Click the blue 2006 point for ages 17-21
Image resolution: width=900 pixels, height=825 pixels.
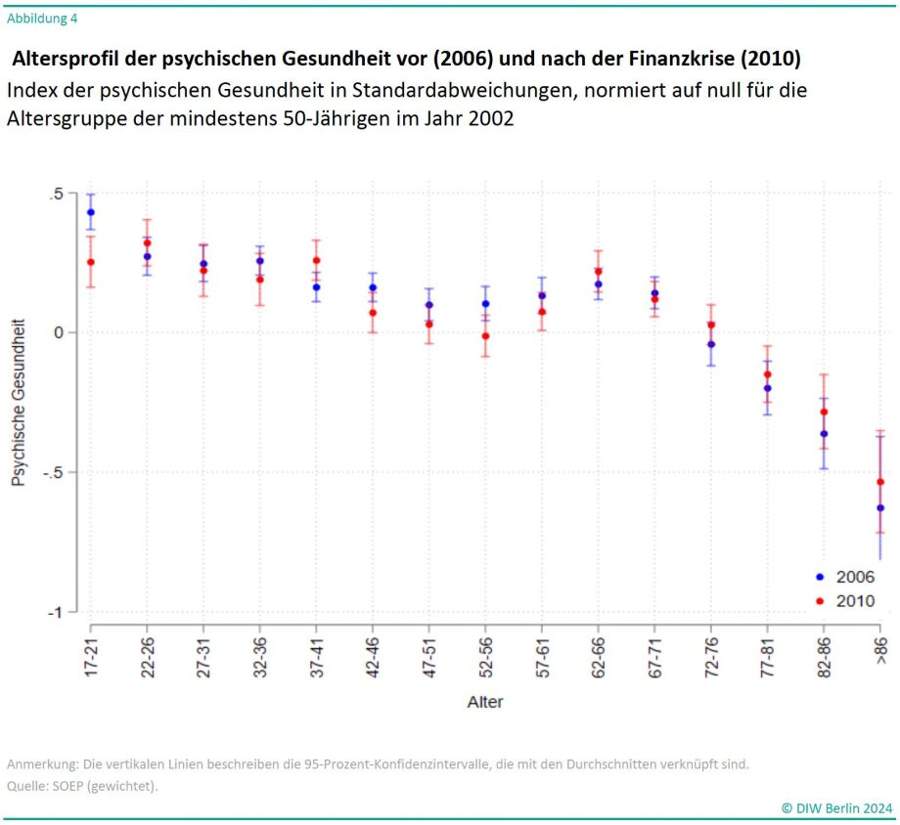(x=91, y=212)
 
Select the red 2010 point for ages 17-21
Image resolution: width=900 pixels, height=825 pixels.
(x=91, y=262)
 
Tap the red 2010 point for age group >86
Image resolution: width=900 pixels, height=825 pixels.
(x=880, y=482)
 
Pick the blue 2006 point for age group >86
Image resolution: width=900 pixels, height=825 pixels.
(x=880, y=508)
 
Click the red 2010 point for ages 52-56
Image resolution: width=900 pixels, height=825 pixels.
(x=485, y=336)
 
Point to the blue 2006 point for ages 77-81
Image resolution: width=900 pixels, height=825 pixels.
(x=768, y=388)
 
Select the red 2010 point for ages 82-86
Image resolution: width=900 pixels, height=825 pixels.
(x=824, y=412)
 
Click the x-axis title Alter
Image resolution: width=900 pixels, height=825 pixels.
(x=485, y=702)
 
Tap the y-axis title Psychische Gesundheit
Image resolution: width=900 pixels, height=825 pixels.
(x=18, y=403)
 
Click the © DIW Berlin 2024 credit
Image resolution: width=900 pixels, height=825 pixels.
(x=836, y=807)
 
